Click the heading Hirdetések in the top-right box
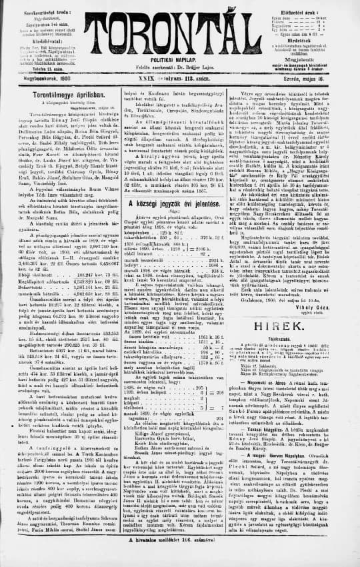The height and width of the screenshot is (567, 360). (x=311, y=39)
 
